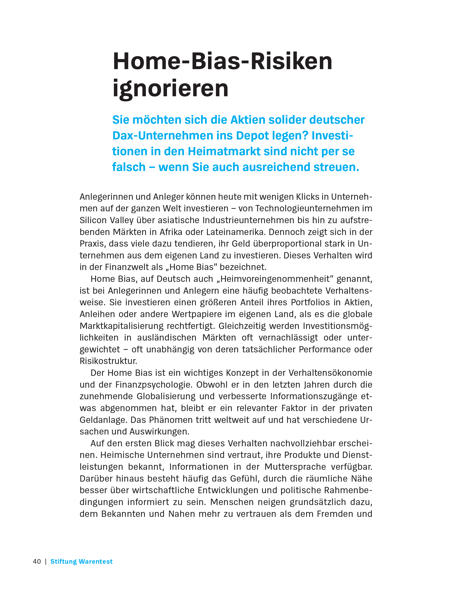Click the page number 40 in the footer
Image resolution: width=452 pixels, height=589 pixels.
click(x=37, y=561)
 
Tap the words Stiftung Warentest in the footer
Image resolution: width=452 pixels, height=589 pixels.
click(x=81, y=561)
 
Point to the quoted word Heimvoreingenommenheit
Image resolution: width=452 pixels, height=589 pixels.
click(x=276, y=279)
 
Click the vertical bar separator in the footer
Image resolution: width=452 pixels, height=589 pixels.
click(x=46, y=561)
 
